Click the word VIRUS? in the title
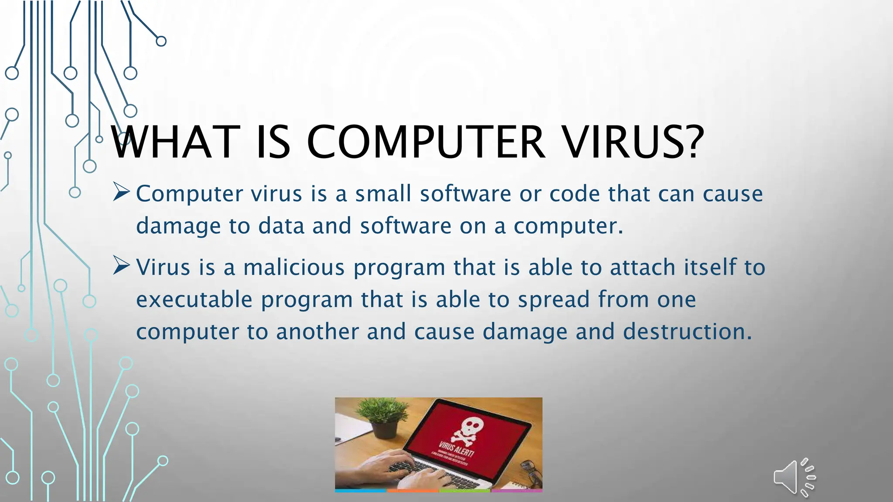pyautogui.click(x=632, y=142)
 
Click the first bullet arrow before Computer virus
pyautogui.click(x=121, y=192)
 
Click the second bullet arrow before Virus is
pyautogui.click(x=121, y=265)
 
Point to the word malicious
pyautogui.click(x=294, y=267)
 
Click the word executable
pyautogui.click(x=194, y=299)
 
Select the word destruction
pyautogui.click(x=687, y=332)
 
